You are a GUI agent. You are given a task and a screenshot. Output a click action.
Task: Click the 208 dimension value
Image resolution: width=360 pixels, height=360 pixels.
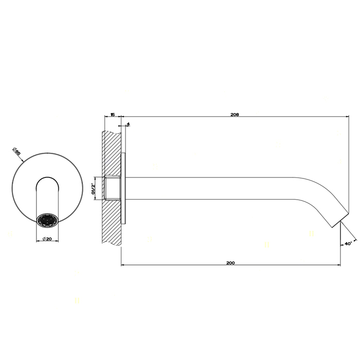[x=235, y=115]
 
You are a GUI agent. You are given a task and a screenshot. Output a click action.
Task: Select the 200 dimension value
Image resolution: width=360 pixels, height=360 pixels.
[x=230, y=263]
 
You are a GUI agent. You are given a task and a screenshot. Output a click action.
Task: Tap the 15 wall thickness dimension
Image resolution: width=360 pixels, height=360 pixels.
[x=113, y=115]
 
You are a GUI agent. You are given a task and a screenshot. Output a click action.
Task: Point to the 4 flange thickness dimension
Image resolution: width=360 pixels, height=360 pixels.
[x=128, y=124]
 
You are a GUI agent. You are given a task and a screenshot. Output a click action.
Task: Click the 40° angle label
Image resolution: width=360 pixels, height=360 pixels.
[x=348, y=244]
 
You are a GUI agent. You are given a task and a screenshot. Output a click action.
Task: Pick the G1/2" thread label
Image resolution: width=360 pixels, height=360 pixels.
[x=94, y=188]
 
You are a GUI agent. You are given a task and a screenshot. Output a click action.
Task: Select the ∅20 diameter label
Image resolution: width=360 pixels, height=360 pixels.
[x=47, y=239]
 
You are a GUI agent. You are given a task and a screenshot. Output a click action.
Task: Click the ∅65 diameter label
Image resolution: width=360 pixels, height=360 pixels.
[x=17, y=152]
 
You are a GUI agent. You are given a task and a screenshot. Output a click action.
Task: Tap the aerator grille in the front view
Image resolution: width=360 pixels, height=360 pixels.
[x=47, y=220]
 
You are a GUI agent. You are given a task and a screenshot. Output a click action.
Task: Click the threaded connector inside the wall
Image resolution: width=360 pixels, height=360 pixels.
[x=113, y=188]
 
